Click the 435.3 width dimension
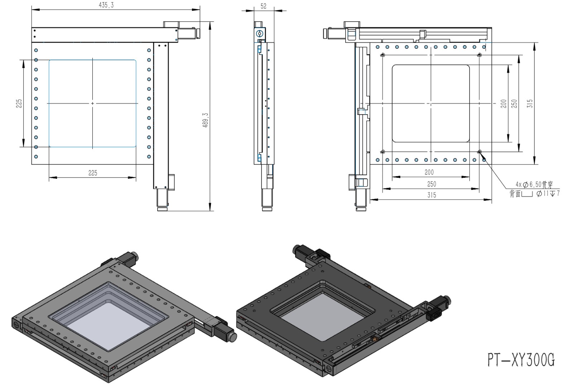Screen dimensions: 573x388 (106, 5)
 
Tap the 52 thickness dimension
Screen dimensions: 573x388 (264, 6)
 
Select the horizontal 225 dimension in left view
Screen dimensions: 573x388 (93, 173)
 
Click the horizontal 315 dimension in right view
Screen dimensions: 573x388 (432, 195)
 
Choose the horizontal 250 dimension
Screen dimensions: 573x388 (432, 184)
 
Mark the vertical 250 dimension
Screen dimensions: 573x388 (514, 104)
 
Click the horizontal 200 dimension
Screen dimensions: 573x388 (429, 172)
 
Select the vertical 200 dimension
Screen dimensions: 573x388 (504, 104)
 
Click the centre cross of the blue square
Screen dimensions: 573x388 (93, 104)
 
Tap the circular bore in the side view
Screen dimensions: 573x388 (259, 34)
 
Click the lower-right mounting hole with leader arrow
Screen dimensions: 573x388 (480, 152)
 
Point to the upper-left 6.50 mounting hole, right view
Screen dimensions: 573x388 (383, 55)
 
